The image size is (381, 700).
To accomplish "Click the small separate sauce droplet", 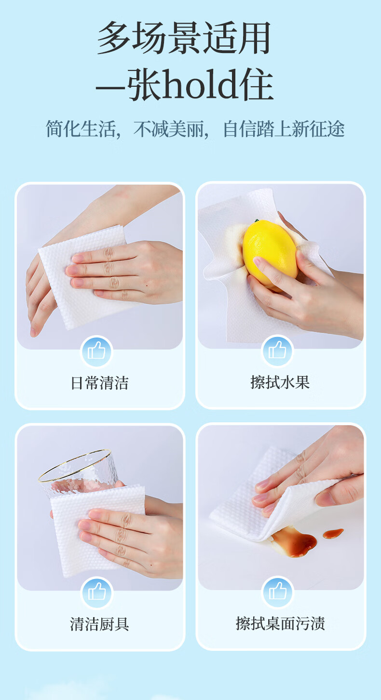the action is [x=333, y=533].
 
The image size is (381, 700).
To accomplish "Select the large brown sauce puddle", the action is [x=293, y=543].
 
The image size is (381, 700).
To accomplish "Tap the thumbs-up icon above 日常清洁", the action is [x=96, y=351].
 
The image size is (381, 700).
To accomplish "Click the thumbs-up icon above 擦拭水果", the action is [x=277, y=350].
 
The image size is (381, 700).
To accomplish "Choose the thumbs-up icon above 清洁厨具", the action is [x=96, y=592].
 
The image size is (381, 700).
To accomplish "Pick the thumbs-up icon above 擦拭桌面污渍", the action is [x=277, y=592].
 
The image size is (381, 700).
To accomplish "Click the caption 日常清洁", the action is [x=100, y=383].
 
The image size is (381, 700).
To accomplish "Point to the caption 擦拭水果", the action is [x=280, y=382].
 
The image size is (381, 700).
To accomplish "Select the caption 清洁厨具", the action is [x=99, y=624].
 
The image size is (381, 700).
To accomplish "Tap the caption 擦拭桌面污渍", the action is [x=280, y=623].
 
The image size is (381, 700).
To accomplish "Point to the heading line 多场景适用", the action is [x=184, y=38].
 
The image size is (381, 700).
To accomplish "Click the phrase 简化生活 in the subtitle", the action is [x=81, y=129].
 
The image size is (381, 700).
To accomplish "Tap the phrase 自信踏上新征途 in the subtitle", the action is [x=284, y=129].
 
